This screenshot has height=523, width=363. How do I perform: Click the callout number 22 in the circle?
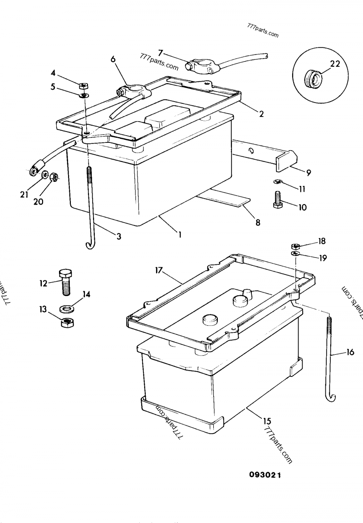(335, 64)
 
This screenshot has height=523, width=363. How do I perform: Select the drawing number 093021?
(265, 475)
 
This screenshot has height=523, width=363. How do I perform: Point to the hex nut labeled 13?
(67, 323)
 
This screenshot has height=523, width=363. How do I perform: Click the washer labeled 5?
(84, 95)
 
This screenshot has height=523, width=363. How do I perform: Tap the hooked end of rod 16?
(331, 397)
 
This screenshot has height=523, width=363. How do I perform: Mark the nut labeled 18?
(295, 245)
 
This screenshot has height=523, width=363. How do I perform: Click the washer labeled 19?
(295, 253)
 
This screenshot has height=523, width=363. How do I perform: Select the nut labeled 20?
(53, 177)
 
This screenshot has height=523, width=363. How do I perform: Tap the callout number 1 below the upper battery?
(180, 235)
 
